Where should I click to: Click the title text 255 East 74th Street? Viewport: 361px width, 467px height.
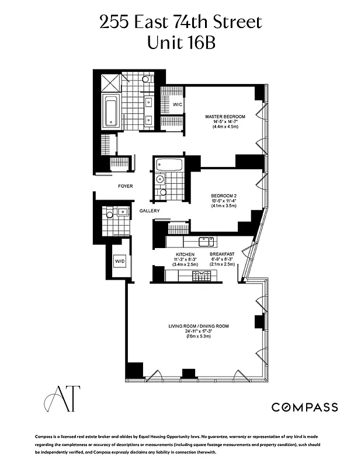180,23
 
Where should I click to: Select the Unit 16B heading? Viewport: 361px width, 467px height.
180,43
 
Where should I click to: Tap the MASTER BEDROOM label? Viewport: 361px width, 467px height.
225,117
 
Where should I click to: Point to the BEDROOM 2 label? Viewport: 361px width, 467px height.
224,196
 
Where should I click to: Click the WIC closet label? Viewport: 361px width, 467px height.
178,104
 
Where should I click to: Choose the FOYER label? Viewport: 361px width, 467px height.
125,186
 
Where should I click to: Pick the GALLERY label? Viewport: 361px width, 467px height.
150,211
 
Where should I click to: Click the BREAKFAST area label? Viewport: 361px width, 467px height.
222,255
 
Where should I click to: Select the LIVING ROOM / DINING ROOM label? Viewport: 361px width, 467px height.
198,326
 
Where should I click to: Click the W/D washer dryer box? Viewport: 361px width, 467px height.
120,261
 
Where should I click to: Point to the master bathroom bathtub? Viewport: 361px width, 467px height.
111,113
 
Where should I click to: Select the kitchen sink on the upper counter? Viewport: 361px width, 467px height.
206,241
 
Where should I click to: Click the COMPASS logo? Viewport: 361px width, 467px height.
304,407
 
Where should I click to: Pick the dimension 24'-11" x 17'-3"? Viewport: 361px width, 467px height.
198,332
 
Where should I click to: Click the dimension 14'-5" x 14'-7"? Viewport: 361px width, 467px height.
225,121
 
